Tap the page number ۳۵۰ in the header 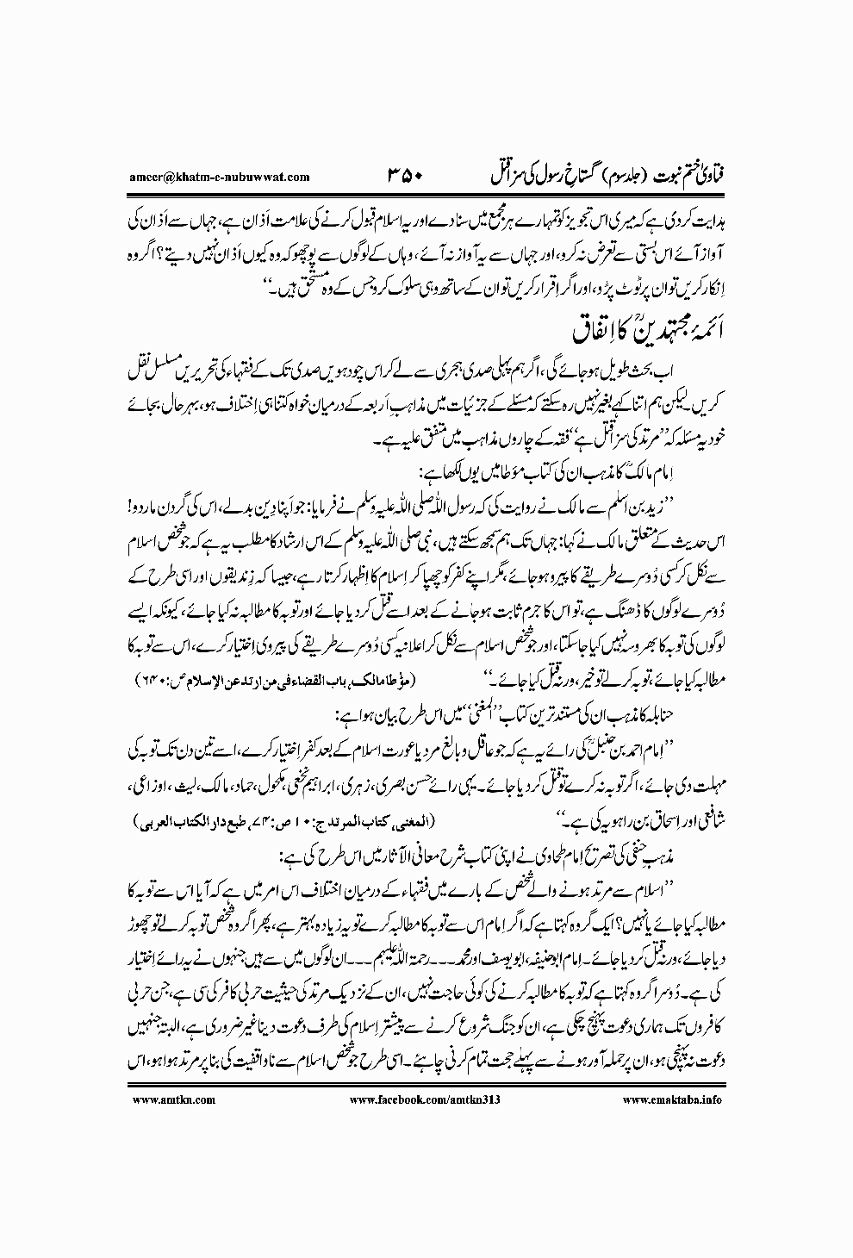398,177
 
